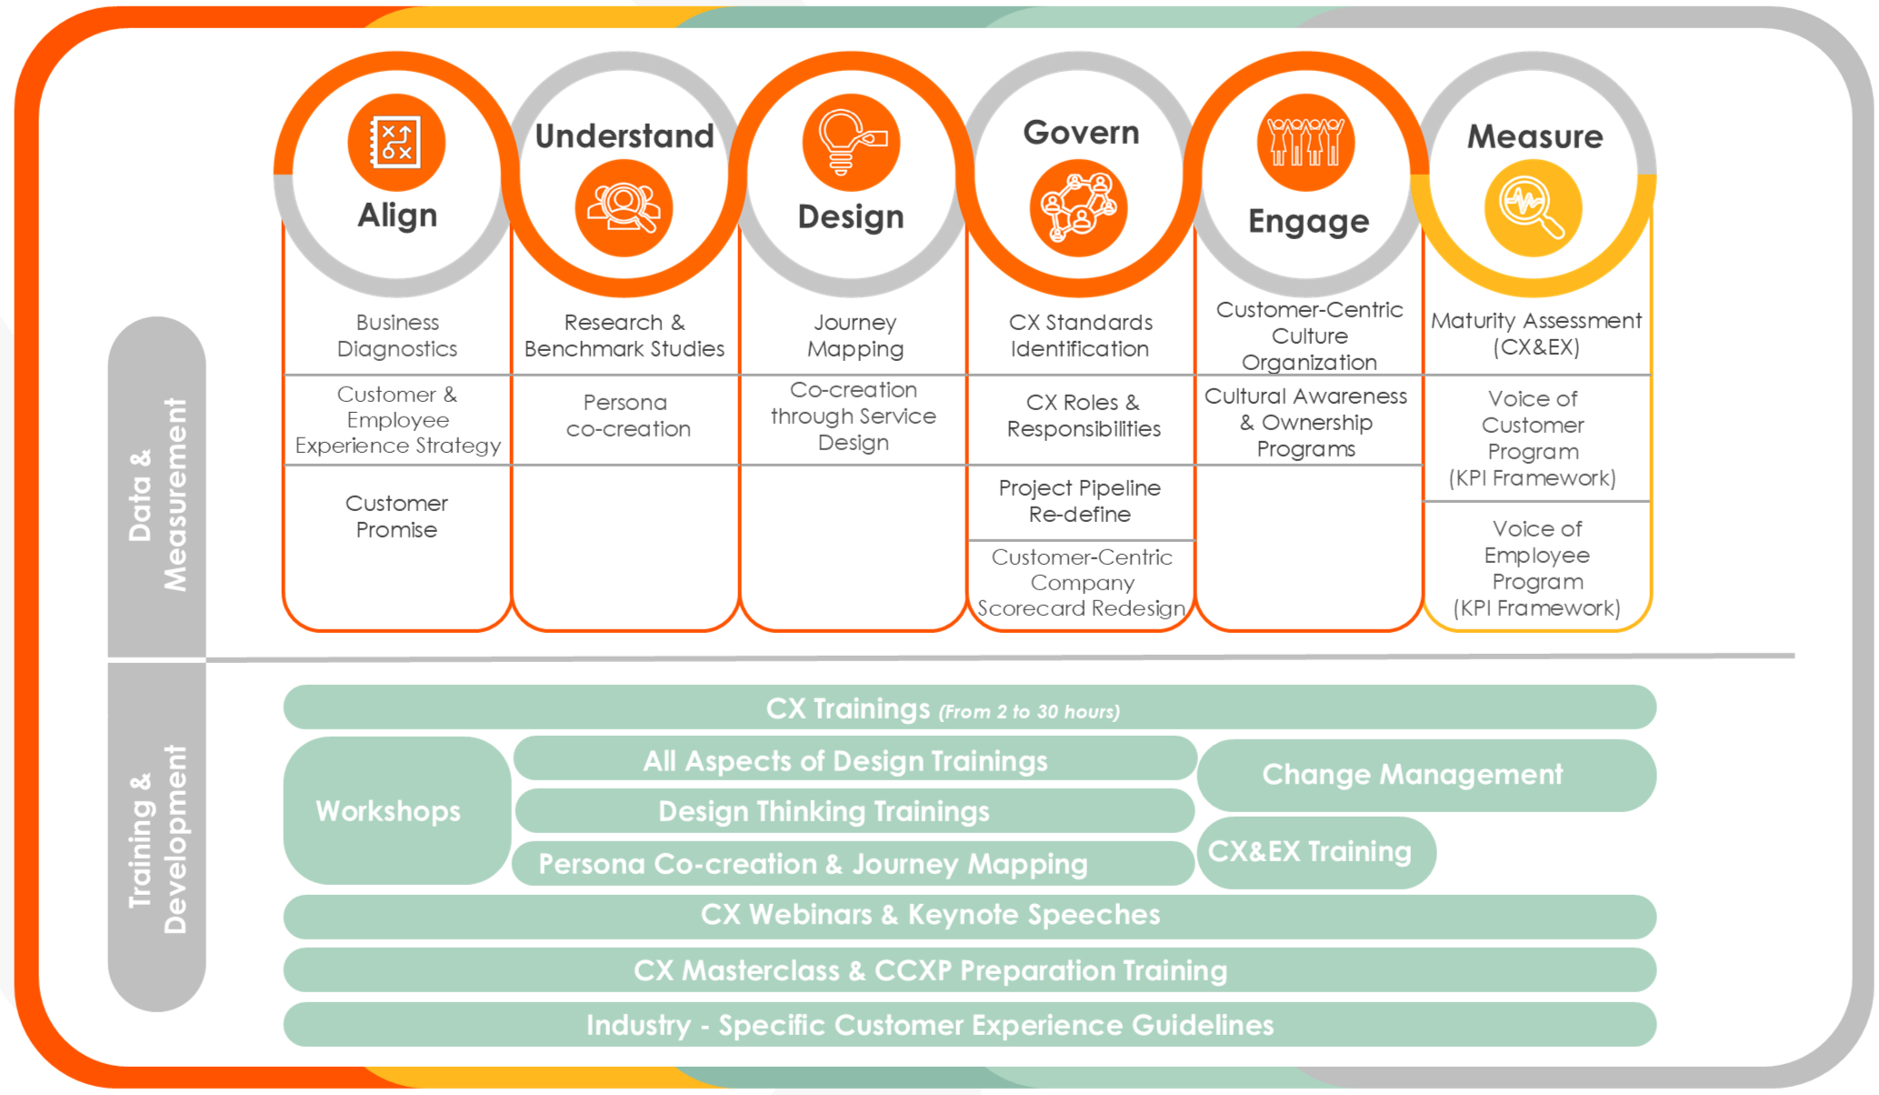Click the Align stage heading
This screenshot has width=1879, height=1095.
click(397, 216)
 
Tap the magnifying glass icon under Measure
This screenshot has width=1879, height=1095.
click(1533, 207)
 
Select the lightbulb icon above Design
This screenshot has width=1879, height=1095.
click(851, 143)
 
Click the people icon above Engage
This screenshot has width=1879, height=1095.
click(1306, 143)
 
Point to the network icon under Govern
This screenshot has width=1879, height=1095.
click(1078, 208)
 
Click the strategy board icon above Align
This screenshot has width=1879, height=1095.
click(396, 143)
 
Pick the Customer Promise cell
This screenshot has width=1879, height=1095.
click(396, 517)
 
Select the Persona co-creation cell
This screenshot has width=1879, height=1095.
click(627, 416)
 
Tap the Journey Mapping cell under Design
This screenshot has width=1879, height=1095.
click(855, 336)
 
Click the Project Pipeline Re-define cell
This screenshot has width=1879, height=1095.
click(1080, 501)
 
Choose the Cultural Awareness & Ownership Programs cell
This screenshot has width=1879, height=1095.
click(1306, 422)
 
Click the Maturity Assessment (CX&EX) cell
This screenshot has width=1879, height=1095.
click(1536, 334)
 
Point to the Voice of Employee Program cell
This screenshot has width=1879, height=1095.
click(1536, 568)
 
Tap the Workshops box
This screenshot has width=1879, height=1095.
click(389, 810)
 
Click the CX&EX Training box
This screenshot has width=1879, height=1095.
click(1310, 851)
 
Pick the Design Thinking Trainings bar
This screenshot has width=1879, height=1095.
click(825, 810)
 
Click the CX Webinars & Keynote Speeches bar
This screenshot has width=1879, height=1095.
click(931, 914)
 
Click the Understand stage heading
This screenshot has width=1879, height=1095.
click(625, 136)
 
